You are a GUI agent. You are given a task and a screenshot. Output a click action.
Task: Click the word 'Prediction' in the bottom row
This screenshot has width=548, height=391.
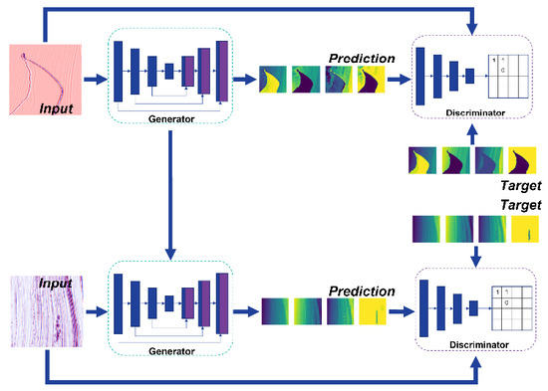click(360, 292)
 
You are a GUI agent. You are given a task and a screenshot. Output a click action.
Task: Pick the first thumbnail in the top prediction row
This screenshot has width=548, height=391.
click(274, 81)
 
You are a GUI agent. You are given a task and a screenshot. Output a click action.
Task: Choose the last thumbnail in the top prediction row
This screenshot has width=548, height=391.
click(373, 81)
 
